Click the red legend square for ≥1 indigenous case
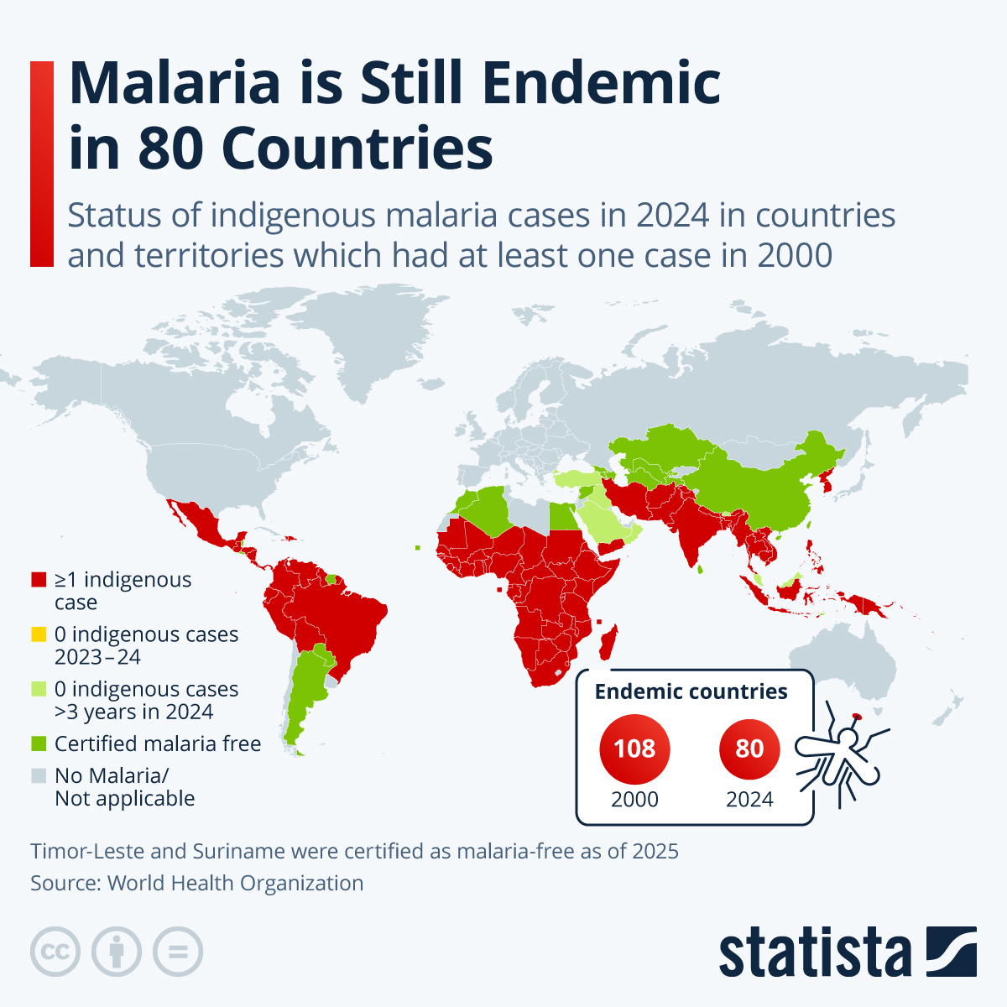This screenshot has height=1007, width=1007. (x=38, y=580)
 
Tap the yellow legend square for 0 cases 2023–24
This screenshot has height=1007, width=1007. (x=38, y=634)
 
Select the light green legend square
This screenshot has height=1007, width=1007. (x=38, y=689)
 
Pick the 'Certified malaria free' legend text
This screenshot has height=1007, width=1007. (x=158, y=744)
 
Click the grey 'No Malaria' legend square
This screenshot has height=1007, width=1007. (x=38, y=775)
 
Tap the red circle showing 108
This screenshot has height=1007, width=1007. (x=634, y=748)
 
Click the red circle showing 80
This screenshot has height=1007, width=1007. (x=749, y=748)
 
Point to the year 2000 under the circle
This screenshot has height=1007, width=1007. (x=634, y=799)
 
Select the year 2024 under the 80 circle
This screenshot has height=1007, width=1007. (x=749, y=799)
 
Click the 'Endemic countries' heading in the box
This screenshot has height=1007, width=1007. (x=691, y=691)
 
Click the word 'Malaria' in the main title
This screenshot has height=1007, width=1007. (x=175, y=84)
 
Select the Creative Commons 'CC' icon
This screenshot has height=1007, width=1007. (x=55, y=952)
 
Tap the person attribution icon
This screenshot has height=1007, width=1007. (x=117, y=952)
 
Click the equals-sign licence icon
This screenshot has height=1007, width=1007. (x=178, y=952)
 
